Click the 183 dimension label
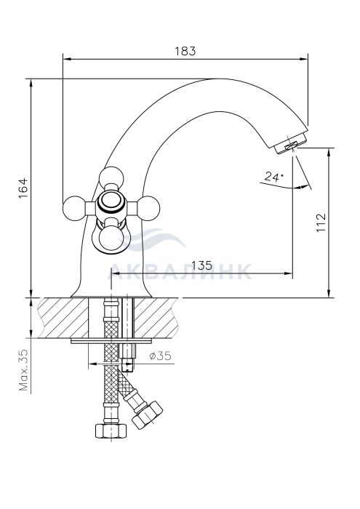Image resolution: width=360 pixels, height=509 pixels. pyautogui.click(x=185, y=52)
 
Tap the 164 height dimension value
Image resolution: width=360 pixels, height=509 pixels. pyautogui.click(x=23, y=188)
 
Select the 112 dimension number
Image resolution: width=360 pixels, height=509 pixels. pyautogui.click(x=321, y=223)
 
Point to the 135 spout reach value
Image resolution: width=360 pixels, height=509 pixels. pyautogui.click(x=201, y=265)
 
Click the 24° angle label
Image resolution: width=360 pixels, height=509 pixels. pyautogui.click(x=273, y=177)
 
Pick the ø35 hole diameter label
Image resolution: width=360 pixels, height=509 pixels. pyautogui.click(x=160, y=356)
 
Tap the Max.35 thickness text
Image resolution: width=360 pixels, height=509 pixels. pyautogui.click(x=23, y=369)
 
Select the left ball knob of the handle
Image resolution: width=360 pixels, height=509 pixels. pyautogui.click(x=74, y=208)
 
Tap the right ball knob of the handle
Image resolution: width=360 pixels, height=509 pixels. pyautogui.click(x=148, y=208)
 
